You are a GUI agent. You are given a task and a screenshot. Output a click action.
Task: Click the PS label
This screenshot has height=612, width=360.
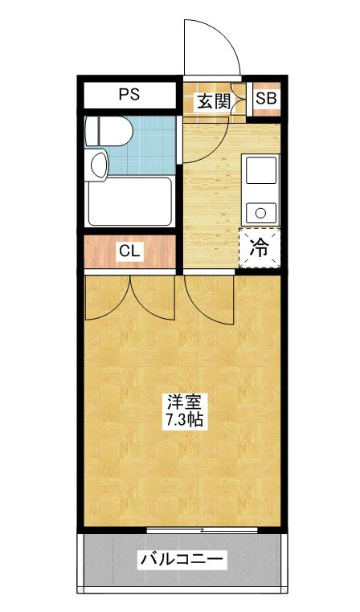[129, 95]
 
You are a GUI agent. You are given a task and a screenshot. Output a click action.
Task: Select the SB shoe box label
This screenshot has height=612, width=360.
[266, 98]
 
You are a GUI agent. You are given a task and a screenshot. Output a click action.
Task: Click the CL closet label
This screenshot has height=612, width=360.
[129, 251]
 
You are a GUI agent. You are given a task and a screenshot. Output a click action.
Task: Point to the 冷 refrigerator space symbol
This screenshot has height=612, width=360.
[260, 247]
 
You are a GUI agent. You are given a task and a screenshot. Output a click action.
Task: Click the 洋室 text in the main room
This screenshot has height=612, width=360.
[185, 402]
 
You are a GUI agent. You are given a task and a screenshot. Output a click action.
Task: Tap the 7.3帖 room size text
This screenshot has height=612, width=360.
[185, 419]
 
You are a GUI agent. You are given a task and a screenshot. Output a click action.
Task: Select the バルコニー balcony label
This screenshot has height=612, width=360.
[182, 560]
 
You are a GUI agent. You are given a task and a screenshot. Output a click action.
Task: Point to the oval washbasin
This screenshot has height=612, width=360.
[99, 165]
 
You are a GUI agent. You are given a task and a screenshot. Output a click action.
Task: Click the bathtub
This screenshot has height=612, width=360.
[130, 202]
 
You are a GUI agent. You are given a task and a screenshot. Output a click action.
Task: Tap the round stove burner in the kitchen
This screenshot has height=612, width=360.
[260, 213]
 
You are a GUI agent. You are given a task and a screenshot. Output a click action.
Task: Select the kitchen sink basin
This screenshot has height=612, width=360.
[261, 170]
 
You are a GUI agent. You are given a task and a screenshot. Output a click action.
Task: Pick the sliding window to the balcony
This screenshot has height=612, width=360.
[202, 529]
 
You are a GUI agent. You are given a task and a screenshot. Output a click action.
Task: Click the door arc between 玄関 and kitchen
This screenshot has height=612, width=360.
[215, 149]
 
